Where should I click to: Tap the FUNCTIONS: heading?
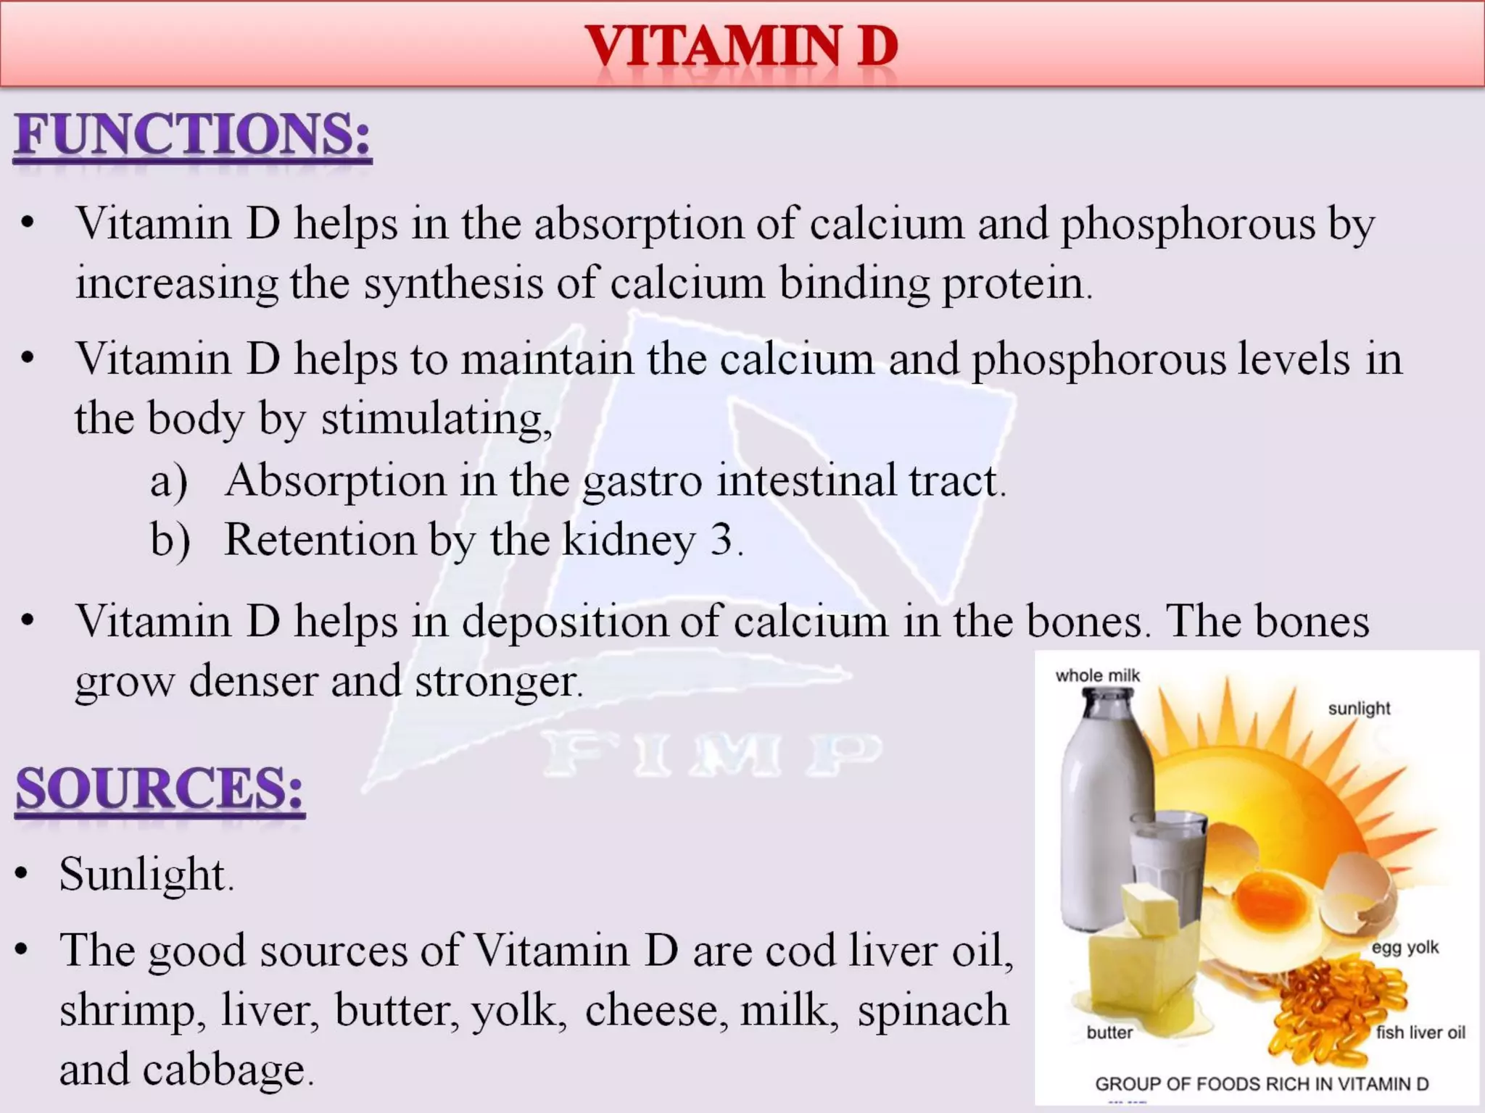tap(193, 136)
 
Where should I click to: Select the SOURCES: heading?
tap(160, 789)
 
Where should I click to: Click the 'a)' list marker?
tap(169, 481)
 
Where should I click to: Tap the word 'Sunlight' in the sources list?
tap(144, 874)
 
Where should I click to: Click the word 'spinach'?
tap(932, 1010)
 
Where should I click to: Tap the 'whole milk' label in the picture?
tap(1098, 675)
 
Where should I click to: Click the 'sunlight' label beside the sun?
tap(1359, 708)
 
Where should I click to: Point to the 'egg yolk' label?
tap(1405, 947)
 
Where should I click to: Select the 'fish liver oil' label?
tap(1420, 1033)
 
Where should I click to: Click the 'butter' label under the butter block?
tap(1109, 1033)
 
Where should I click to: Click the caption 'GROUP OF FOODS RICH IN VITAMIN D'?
tap(1262, 1084)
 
